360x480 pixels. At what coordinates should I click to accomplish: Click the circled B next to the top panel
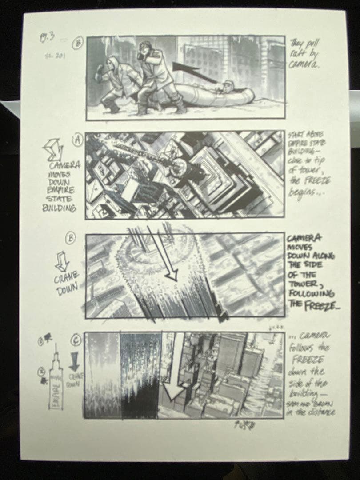click(x=78, y=43)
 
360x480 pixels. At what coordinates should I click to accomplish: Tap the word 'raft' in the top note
click(x=297, y=54)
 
